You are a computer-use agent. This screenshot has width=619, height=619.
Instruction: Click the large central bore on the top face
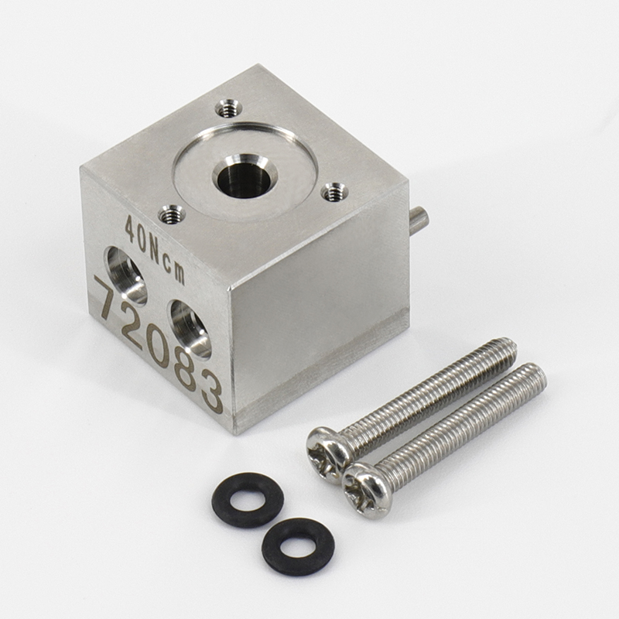[245, 176]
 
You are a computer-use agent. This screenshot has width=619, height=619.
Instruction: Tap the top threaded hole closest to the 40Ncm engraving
[171, 216]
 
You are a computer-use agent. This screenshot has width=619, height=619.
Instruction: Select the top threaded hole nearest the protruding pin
[334, 192]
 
